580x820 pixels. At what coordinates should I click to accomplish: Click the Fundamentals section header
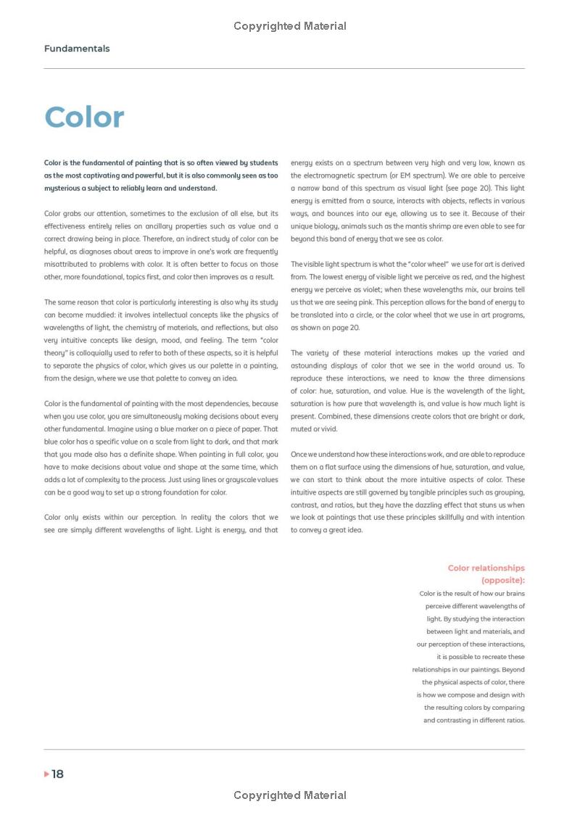[77, 49]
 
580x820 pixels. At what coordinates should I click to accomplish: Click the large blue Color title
[84, 117]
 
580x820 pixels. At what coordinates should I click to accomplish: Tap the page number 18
[58, 774]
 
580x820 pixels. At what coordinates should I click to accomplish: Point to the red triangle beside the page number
[47, 774]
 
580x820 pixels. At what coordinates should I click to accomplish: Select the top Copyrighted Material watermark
[290, 26]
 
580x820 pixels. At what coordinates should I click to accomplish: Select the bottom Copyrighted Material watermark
[290, 795]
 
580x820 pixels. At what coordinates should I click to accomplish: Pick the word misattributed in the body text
[67, 264]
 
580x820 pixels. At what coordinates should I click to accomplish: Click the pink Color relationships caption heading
[486, 568]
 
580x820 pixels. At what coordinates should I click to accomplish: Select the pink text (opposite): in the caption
[502, 581]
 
